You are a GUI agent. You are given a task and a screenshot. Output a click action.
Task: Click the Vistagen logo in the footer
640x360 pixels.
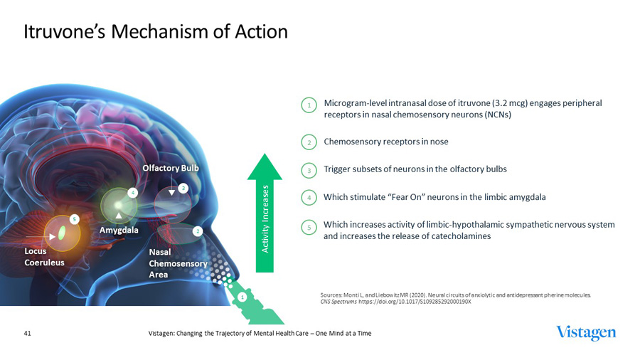(586, 333)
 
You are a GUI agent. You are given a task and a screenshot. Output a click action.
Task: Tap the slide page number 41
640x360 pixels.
(28, 334)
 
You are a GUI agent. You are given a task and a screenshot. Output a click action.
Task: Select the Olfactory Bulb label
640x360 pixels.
(171, 168)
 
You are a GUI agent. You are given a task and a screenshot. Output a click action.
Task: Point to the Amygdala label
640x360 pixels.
(119, 230)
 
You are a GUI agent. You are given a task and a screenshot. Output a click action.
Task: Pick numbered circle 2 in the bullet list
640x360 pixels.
(310, 142)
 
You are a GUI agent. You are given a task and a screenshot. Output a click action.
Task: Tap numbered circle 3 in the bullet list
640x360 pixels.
(310, 170)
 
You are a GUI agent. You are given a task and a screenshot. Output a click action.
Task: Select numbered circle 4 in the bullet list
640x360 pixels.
(310, 197)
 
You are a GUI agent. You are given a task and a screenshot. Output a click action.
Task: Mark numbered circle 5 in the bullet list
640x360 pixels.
(310, 227)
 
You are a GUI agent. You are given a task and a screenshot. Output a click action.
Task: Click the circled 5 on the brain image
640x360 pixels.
(73, 218)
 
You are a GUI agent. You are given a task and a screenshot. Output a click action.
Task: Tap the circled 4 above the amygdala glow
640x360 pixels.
(132, 192)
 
